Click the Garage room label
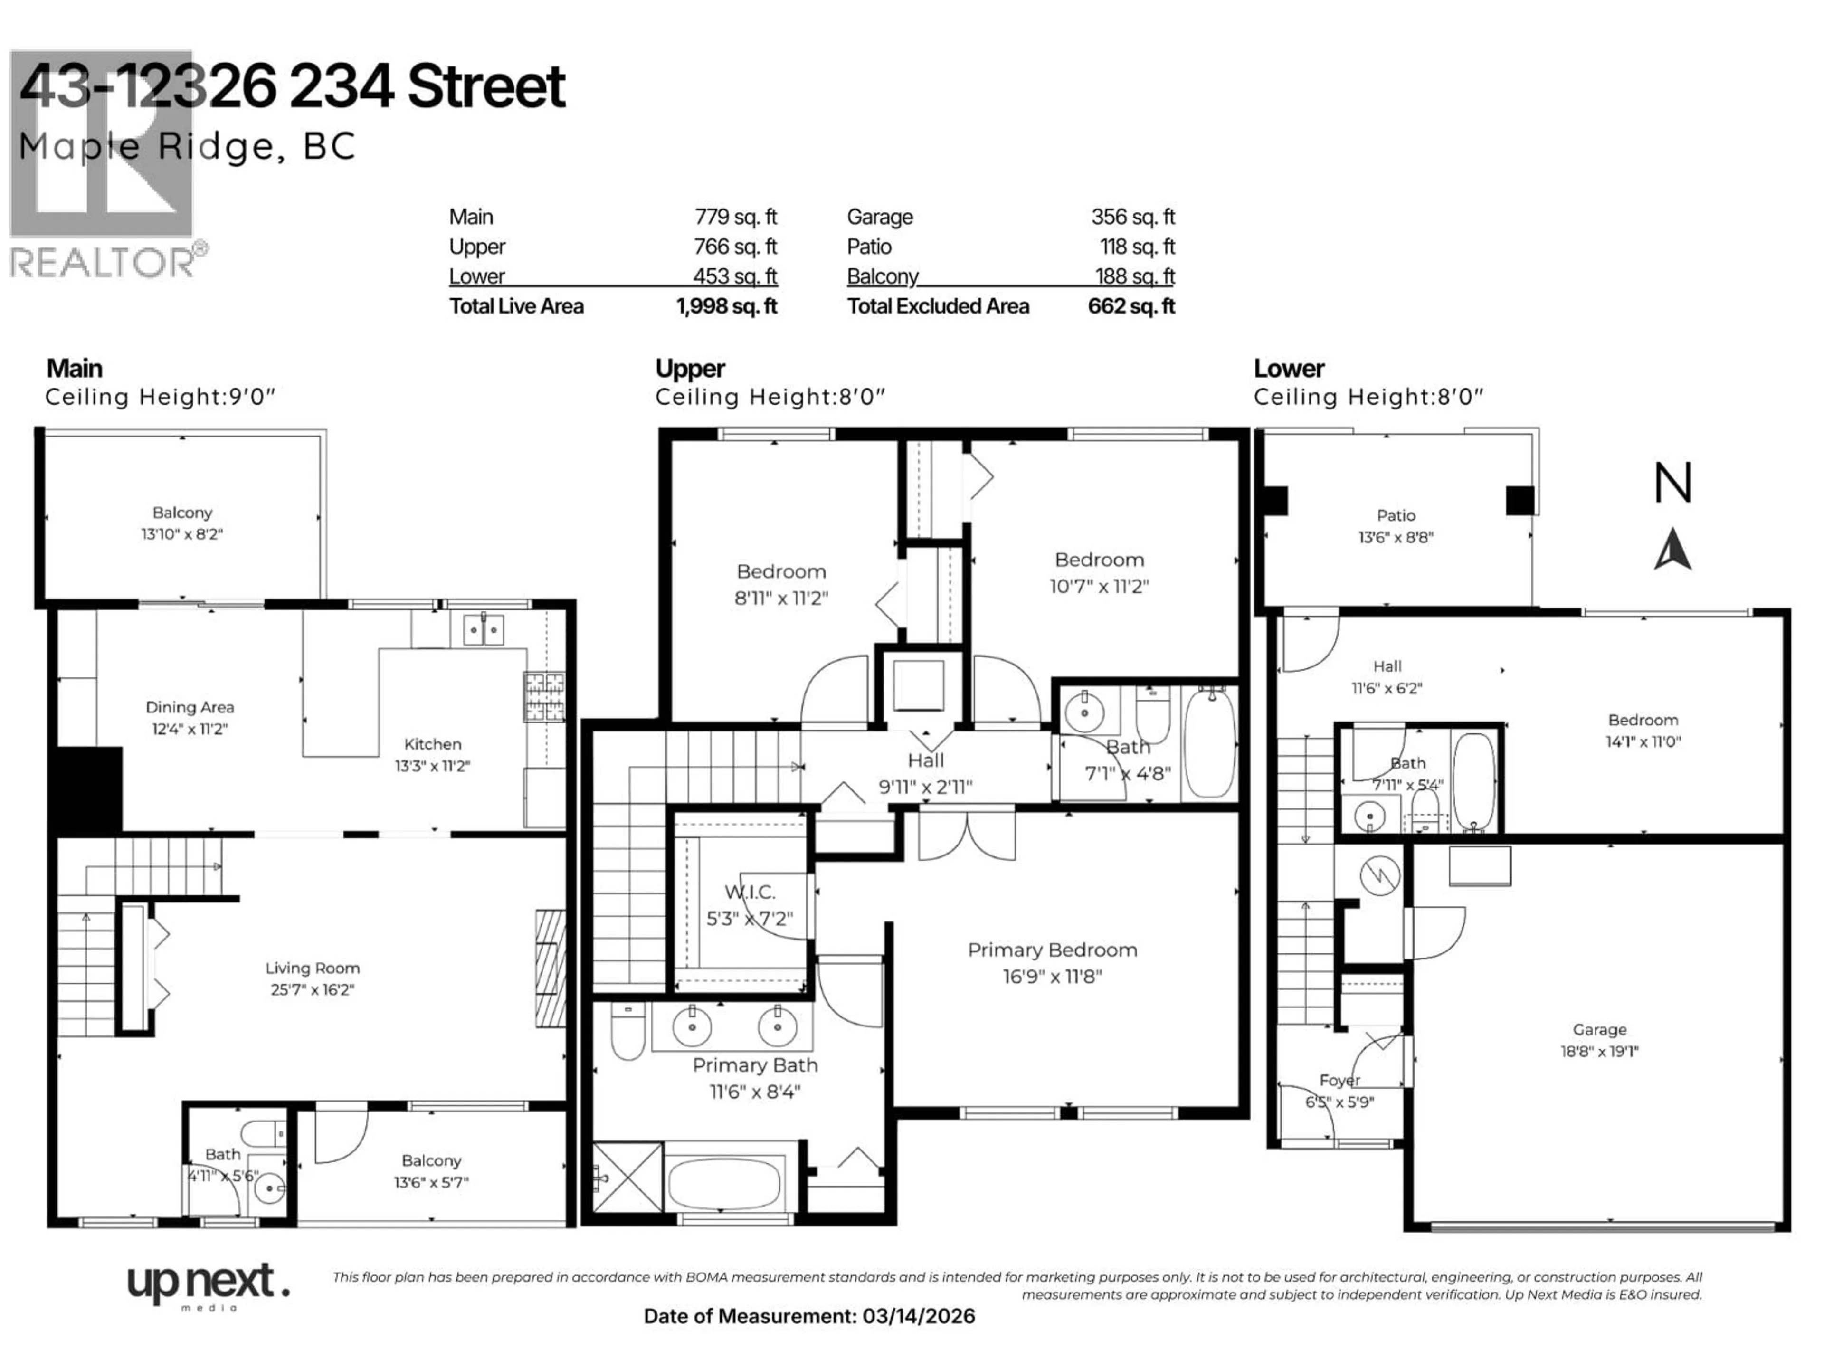[1599, 1029]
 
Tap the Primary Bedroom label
[1052, 950]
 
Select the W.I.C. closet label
[750, 892]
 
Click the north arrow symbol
[1672, 549]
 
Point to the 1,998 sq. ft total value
[726, 307]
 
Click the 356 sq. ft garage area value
[1132, 217]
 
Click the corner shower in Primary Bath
[627, 1177]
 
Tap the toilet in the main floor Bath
[262, 1134]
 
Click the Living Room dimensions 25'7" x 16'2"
[313, 989]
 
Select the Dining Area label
[190, 707]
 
